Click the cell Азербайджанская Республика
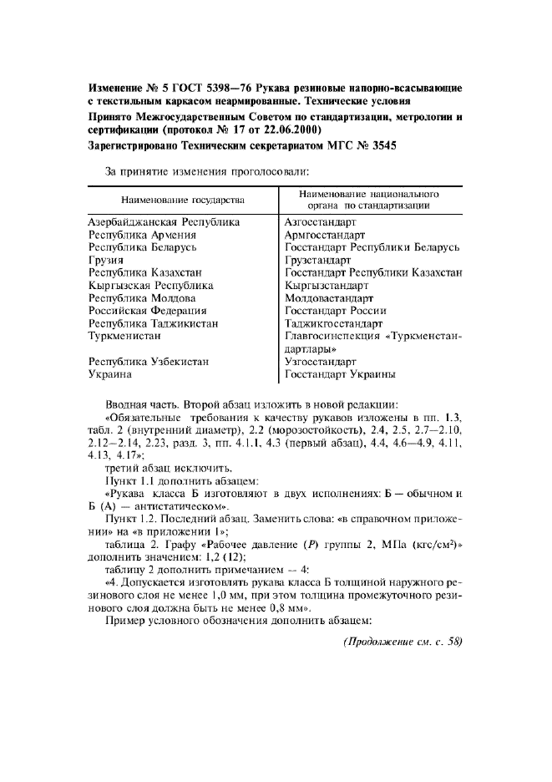164,222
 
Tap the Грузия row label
106,260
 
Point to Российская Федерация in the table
149,310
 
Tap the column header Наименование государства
182,201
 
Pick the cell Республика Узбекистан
149,362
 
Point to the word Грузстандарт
318,260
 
